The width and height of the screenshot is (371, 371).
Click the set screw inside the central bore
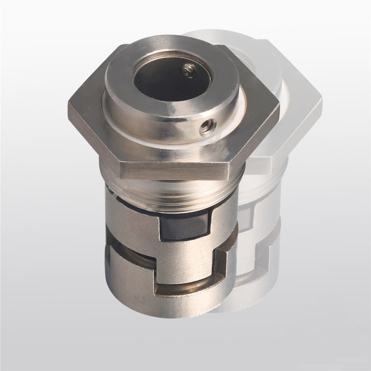click(187, 70)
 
